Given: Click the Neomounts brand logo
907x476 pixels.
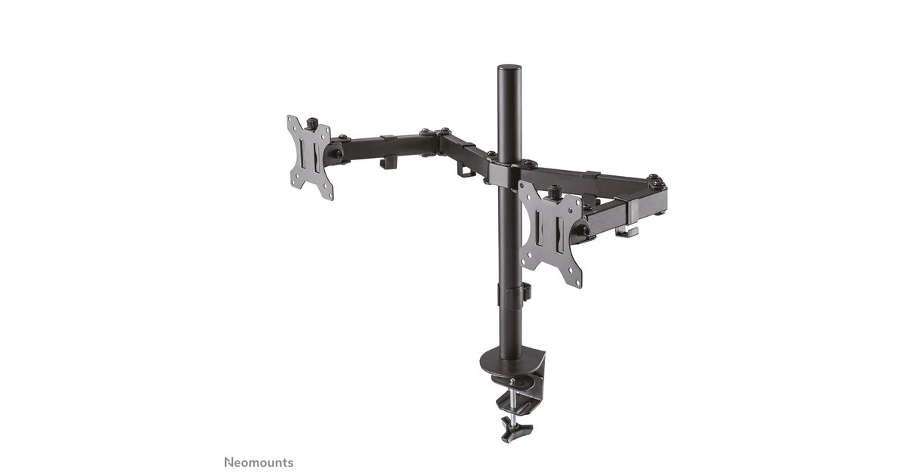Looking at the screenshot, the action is pyautogui.click(x=258, y=462).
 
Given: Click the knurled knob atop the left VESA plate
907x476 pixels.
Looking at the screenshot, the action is pyautogui.click(x=311, y=123).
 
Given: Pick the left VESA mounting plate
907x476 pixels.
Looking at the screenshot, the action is pyautogui.click(x=310, y=157).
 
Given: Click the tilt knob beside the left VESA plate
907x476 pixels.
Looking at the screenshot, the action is pyautogui.click(x=336, y=154).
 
